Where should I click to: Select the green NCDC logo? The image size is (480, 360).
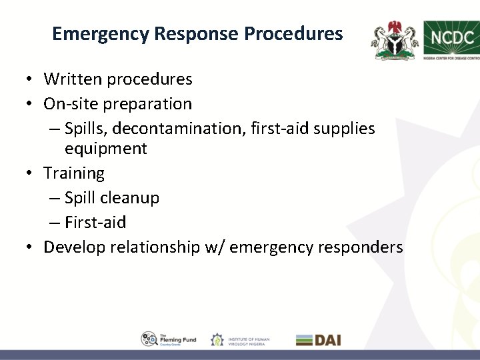[451, 39]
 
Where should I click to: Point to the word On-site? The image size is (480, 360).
[69, 104]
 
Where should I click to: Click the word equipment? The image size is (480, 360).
[105, 148]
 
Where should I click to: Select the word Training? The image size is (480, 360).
[74, 173]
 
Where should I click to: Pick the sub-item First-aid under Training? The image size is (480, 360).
[95, 223]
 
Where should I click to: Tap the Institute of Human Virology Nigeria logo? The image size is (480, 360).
[240, 339]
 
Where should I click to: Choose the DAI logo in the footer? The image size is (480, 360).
[318, 339]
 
